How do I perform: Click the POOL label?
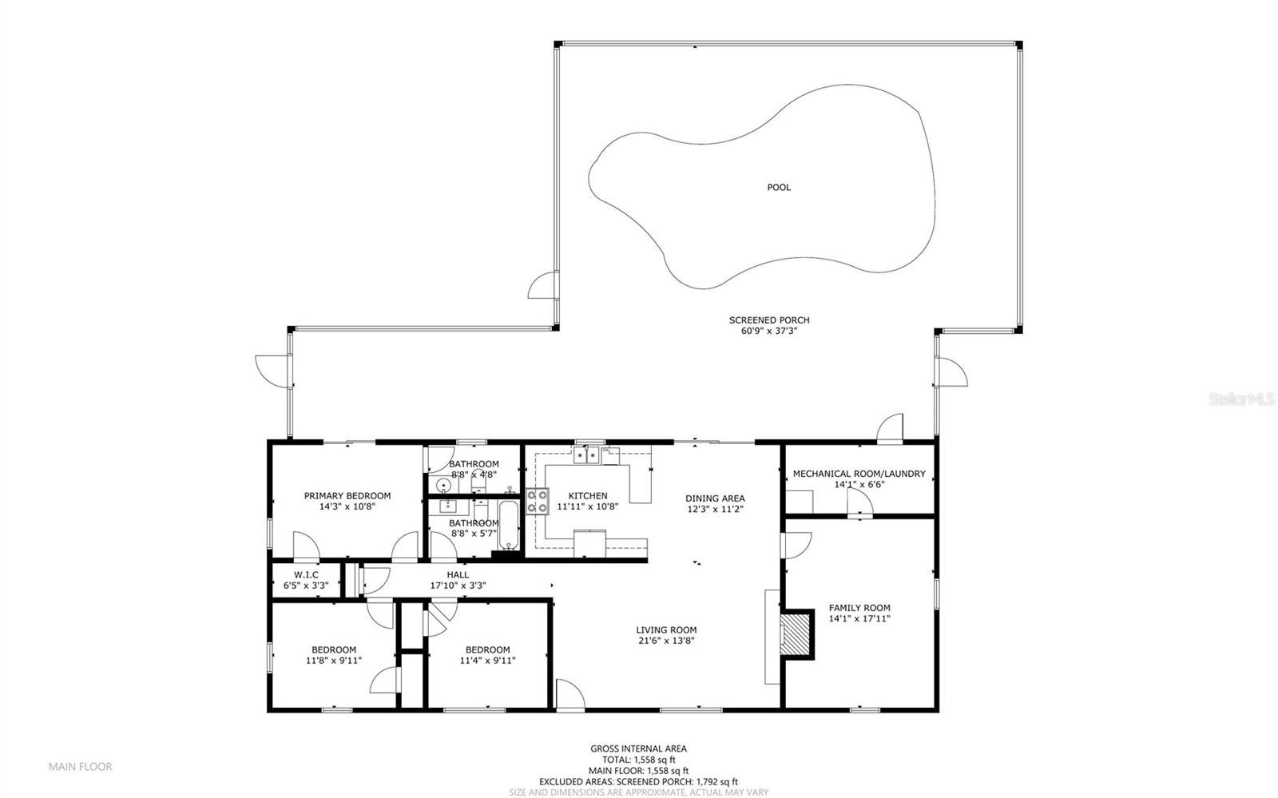tap(779, 187)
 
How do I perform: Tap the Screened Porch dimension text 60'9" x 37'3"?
tap(769, 331)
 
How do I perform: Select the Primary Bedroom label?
tap(347, 496)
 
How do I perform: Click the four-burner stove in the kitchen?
tap(538, 502)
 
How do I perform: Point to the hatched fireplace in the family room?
tap(796, 634)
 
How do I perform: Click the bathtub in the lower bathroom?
tap(508, 524)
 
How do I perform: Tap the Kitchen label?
tap(588, 496)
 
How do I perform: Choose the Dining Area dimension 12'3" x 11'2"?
tap(715, 509)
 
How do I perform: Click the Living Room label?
tap(666, 629)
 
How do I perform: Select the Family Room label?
tap(859, 608)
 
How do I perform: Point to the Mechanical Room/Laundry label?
tap(859, 474)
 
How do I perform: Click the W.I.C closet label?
tap(306, 574)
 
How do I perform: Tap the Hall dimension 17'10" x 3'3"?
tap(458, 586)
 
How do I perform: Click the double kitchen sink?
tap(586, 455)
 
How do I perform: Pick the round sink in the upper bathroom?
tap(443, 486)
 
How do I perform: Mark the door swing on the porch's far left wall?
tap(272, 371)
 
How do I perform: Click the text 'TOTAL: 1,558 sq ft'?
tap(638, 760)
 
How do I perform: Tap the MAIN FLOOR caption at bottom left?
tap(81, 767)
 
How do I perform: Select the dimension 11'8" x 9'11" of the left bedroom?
tap(334, 661)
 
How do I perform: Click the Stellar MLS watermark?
tap(1241, 399)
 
